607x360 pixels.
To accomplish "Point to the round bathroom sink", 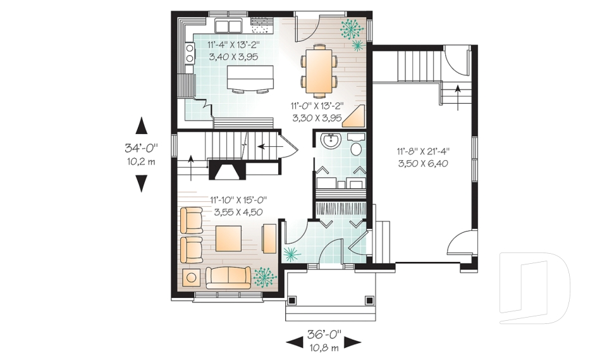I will [329, 140].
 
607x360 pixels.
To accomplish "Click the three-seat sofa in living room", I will [227, 277].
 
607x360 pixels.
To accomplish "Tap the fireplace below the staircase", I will [225, 170].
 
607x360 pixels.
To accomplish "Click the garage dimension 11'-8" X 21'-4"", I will [423, 152].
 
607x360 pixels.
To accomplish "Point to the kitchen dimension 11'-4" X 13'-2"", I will [233, 45].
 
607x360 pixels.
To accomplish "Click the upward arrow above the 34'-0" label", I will [141, 125].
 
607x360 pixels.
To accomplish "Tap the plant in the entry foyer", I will [291, 254].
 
